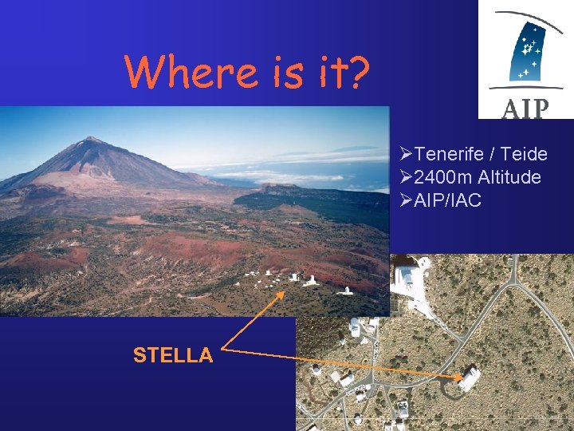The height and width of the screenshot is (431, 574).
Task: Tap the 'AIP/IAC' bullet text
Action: point(448,200)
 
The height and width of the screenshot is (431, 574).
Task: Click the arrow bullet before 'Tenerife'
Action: point(405,154)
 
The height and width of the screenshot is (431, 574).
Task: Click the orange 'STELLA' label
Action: point(173,355)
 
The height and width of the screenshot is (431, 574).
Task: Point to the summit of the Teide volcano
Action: point(94,140)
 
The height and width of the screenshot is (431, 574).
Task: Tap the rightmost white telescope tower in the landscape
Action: point(346,289)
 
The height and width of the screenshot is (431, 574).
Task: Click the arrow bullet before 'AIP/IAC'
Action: point(405,200)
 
